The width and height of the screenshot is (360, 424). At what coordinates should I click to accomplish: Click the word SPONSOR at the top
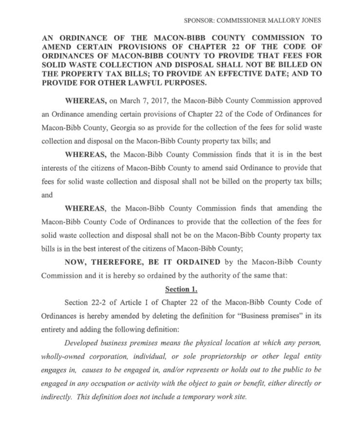[199, 20]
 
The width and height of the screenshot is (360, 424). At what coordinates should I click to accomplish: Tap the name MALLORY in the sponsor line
[279, 20]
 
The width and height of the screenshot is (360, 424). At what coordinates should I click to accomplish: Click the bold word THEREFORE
[120, 262]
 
